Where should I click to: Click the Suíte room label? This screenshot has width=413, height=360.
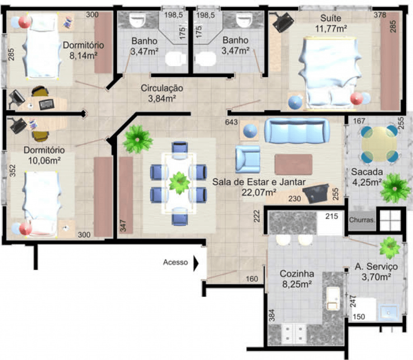(331, 18)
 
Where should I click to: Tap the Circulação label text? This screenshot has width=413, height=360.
(162, 88)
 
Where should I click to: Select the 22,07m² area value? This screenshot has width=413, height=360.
(259, 193)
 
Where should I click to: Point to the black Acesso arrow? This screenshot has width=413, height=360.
(196, 263)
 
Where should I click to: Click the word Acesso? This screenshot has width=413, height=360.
(175, 262)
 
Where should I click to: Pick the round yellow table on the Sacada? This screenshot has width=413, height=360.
(379, 144)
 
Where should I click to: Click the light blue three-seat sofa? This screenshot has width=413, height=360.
(297, 131)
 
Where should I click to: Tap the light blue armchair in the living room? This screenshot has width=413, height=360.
(248, 159)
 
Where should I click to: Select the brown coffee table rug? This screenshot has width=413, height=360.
(294, 164)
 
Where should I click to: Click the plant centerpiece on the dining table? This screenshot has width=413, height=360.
(179, 183)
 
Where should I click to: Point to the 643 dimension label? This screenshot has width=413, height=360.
(231, 122)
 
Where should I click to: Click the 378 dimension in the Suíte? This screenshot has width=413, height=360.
(380, 15)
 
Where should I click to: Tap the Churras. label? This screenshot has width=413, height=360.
(362, 220)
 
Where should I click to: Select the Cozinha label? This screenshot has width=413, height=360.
(297, 274)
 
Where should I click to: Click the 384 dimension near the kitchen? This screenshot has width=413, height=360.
(272, 315)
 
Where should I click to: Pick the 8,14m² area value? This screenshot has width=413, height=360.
(83, 56)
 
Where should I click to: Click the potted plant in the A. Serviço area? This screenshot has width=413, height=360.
(390, 248)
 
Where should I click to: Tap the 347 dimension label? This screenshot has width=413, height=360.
(123, 226)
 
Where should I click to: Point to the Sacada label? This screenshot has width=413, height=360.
(367, 172)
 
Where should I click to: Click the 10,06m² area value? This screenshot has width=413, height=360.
(44, 160)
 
